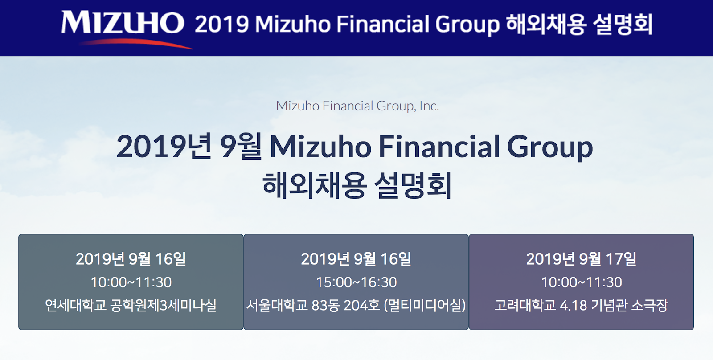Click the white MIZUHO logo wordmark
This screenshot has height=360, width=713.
[x=123, y=22]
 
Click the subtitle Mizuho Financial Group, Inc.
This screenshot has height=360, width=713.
[x=357, y=106]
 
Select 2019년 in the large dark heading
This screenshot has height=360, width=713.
[x=164, y=147]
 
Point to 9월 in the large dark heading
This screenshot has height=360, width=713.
[x=241, y=147]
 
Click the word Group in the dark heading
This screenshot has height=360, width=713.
[x=550, y=148]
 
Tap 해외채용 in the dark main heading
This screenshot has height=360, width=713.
[x=314, y=186]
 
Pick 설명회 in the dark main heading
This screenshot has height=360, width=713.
[x=413, y=186]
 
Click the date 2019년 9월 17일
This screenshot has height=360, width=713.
[x=581, y=259]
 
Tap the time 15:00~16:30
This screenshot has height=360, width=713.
[x=356, y=282]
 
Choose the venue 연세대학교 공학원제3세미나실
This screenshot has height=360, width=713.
[x=131, y=305]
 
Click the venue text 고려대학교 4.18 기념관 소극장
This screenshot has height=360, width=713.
[x=581, y=305]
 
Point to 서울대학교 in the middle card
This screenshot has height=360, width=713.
[x=277, y=305]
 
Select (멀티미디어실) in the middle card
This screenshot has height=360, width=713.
[x=425, y=305]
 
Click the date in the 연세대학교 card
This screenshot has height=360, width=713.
[x=131, y=259]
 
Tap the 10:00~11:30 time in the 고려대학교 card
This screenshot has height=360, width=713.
[x=581, y=282]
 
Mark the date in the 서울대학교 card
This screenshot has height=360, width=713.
[x=356, y=259]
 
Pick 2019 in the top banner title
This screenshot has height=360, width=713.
[x=221, y=24]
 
